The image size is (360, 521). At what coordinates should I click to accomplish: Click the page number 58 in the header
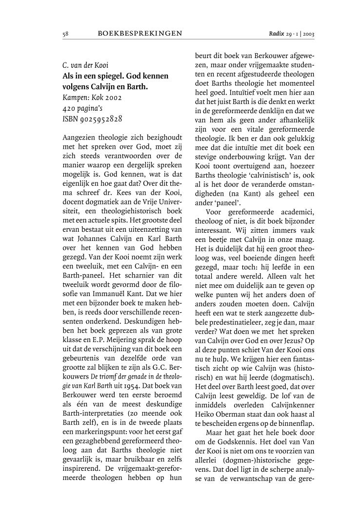pos(65,34)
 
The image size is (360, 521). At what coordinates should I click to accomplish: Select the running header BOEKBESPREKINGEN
pos(140,34)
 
